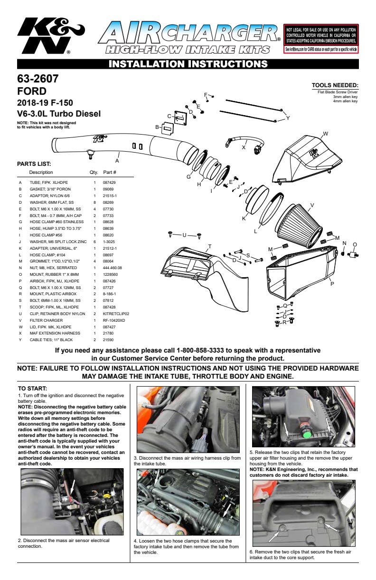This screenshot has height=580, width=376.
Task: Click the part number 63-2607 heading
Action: (x=38, y=79)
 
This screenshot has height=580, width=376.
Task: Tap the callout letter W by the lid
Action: (x=325, y=134)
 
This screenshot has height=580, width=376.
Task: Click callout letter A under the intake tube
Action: (x=117, y=161)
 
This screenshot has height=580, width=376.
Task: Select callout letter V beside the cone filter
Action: (x=312, y=206)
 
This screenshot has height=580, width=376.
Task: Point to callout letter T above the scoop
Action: (x=209, y=246)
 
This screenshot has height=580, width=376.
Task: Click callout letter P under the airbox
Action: (x=332, y=284)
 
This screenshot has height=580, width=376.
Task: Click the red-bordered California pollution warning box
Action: (x=321, y=38)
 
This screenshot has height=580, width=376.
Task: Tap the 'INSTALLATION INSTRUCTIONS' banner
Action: (x=188, y=64)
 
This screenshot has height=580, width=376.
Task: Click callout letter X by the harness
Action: (x=244, y=147)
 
